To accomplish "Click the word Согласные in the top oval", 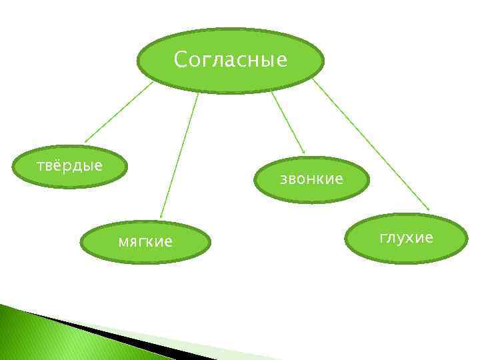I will coord(231,60).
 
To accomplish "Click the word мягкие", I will coord(145,241).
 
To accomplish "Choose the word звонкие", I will coord(311,179).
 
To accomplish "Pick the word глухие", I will coord(406,237).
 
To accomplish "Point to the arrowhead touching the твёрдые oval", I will coord(86,141).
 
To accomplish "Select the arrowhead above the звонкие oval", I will coord(303,153).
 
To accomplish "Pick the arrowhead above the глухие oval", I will coord(427,210).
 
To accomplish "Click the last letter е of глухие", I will coord(429,238).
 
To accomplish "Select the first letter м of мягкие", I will coord(123,242).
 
